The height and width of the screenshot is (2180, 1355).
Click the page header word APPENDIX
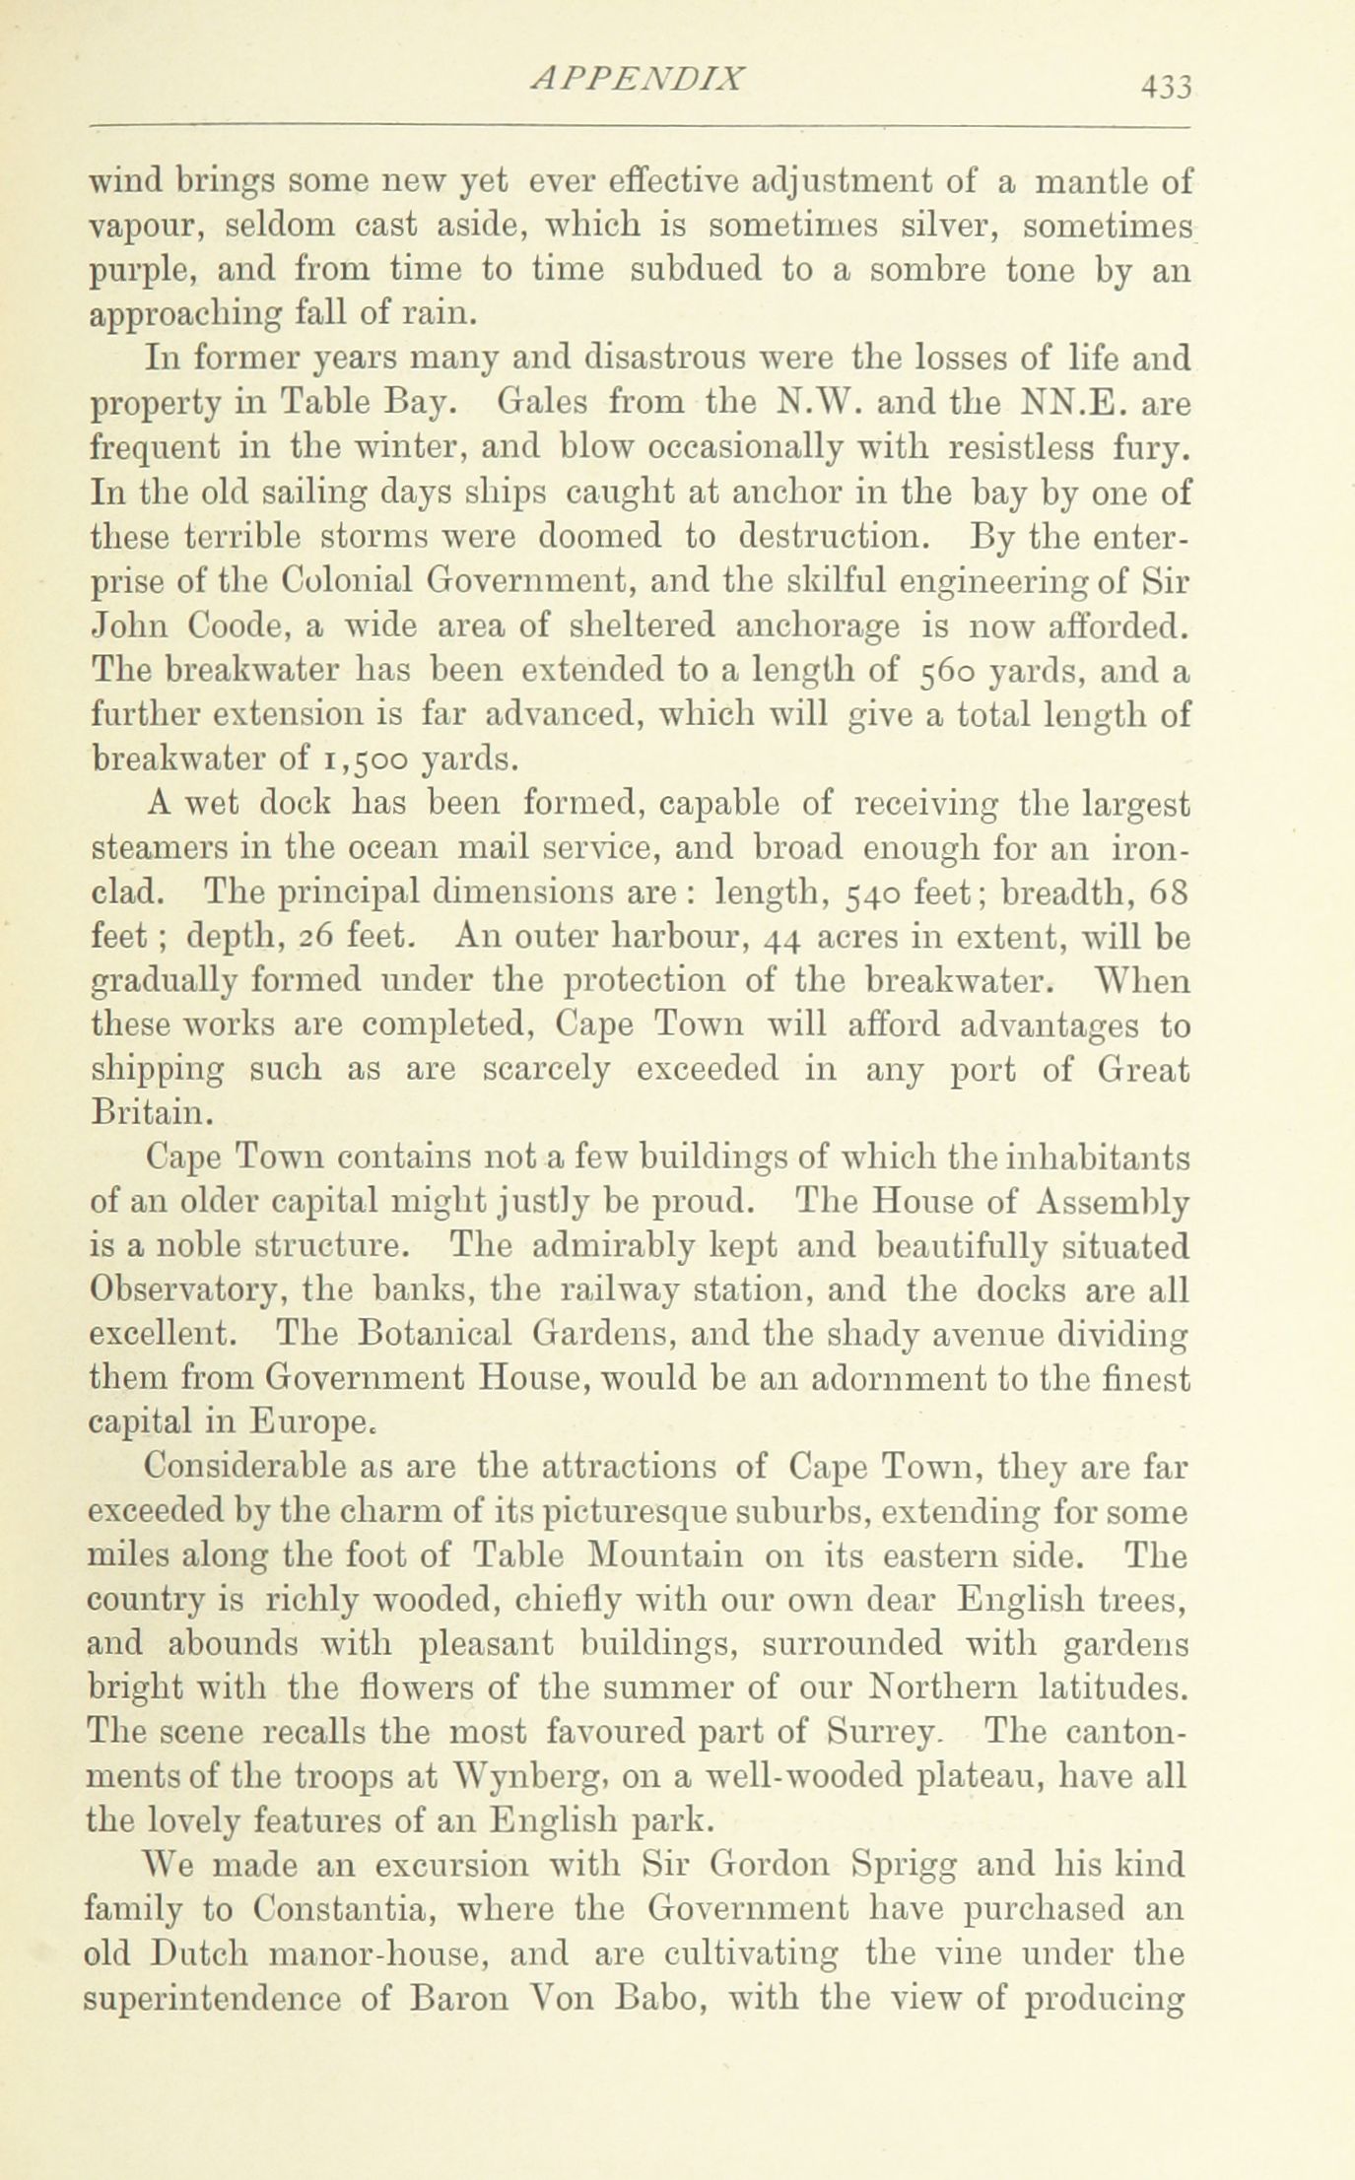pyautogui.click(x=636, y=80)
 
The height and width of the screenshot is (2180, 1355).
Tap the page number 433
pyautogui.click(x=1167, y=87)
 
